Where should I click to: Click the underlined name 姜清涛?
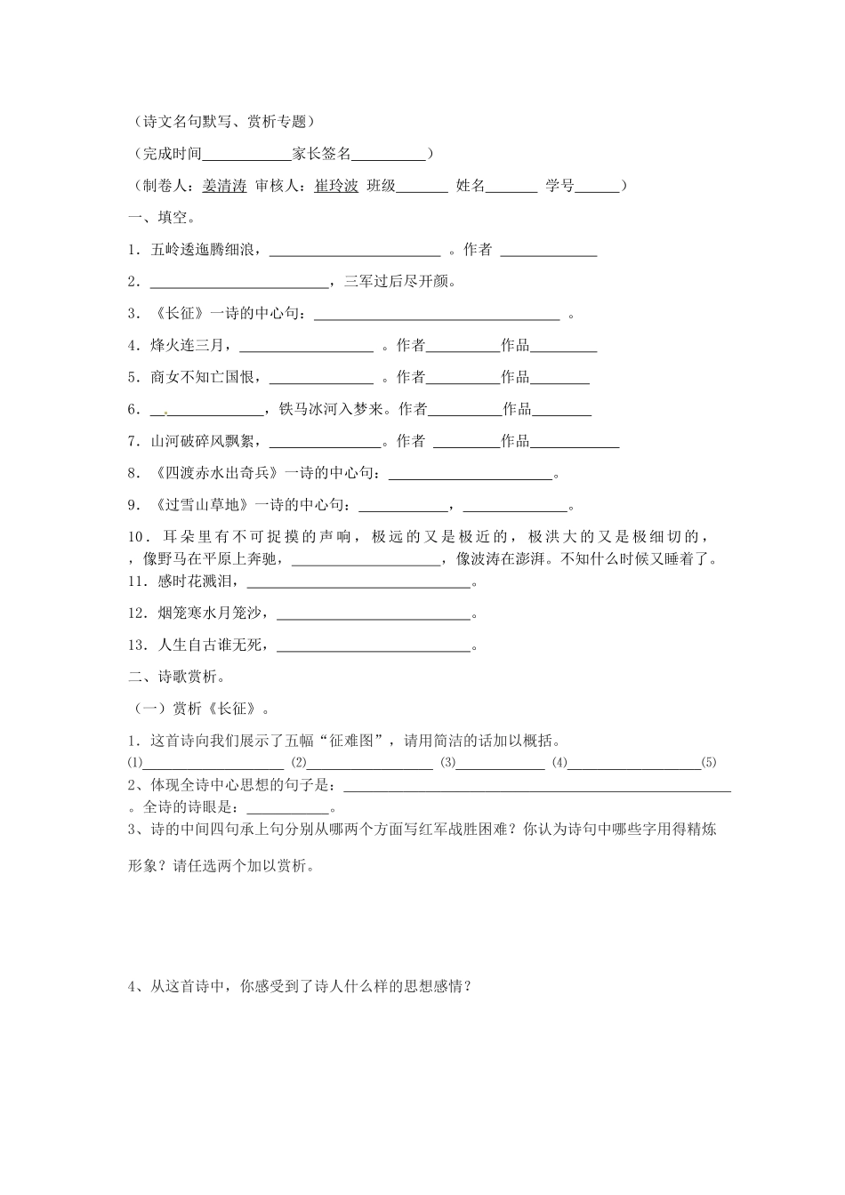(224, 186)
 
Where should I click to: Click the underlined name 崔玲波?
(336, 186)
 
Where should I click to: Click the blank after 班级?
(422, 186)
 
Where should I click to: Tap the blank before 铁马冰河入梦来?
(208, 410)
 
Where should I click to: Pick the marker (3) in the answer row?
(448, 763)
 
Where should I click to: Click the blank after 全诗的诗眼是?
(286, 808)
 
